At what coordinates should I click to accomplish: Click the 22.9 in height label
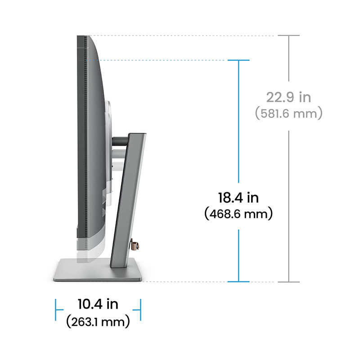pos(288,97)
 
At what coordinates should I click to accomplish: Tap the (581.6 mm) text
pos(288,113)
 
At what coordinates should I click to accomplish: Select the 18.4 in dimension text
pos(238,198)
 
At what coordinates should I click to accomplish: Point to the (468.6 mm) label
pos(238,214)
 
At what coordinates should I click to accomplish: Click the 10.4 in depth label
pos(98,304)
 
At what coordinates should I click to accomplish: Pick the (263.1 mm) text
pos(98,321)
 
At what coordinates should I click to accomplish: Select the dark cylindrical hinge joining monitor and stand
pos(120,141)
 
